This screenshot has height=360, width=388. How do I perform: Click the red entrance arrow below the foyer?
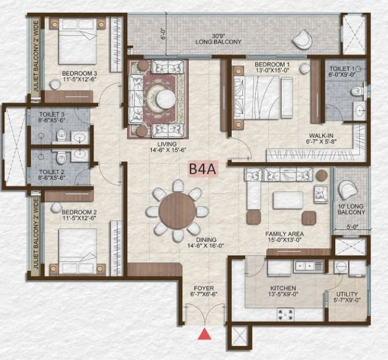coord(204,334)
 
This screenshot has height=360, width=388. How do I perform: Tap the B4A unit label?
coord(203,169)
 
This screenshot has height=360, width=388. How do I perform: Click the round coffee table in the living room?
coord(166,99)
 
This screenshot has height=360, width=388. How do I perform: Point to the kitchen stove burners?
coord(285,315)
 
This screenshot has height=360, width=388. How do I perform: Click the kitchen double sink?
coord(309,266)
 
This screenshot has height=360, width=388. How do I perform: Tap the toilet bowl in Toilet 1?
coord(357,92)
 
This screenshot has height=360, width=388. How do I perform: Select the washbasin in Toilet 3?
coord(80,138)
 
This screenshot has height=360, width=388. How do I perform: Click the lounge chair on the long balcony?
coord(302,39)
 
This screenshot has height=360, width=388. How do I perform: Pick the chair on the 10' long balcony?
coord(349,190)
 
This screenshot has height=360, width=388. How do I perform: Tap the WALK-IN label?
coord(321,136)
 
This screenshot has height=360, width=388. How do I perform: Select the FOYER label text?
coord(204,288)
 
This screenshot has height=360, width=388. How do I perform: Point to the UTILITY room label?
coord(347,294)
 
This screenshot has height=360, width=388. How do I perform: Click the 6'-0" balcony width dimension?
coord(162,34)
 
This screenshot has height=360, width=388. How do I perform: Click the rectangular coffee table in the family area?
coord(288,200)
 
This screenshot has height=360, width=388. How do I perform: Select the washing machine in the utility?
coord(341,267)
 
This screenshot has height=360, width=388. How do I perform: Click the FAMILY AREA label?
coord(284,233)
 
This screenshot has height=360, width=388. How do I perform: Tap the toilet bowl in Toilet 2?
coord(61,157)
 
